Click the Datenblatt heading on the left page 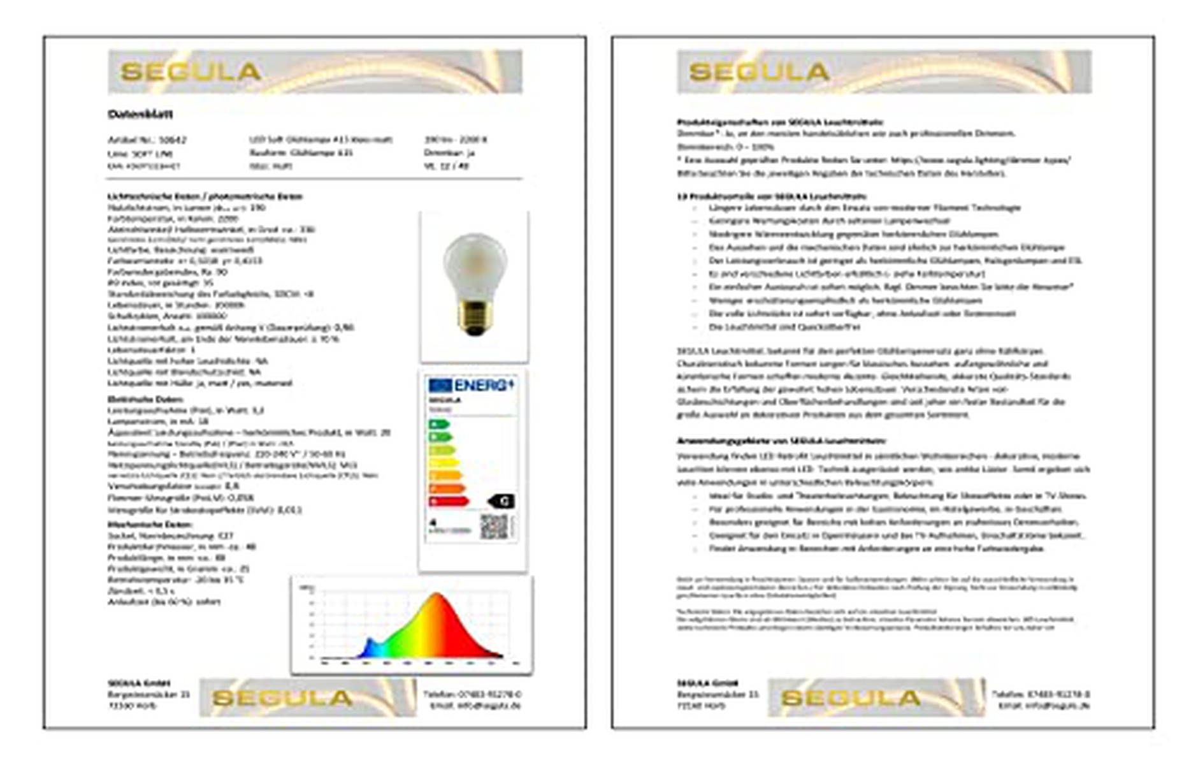(140, 114)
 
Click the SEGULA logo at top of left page (191, 71)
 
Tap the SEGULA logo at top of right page (759, 71)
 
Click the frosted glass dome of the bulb (475, 261)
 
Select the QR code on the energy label (493, 527)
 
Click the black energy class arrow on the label (502, 501)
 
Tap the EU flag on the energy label (440, 385)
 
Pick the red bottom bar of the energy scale (449, 502)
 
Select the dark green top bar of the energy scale (438, 424)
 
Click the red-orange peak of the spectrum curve (437, 602)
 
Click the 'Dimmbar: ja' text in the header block (449, 153)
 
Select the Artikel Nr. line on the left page (147, 140)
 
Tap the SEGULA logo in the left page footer (282, 698)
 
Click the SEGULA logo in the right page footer (851, 698)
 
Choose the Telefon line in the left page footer (472, 694)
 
